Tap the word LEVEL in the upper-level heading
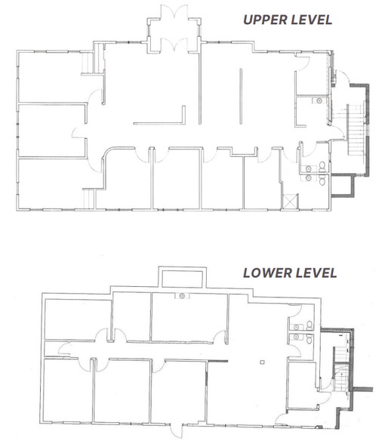pos(313,20)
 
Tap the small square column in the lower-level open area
pos(260,365)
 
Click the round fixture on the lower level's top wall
pos(181,297)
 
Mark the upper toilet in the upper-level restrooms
pos(322,164)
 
